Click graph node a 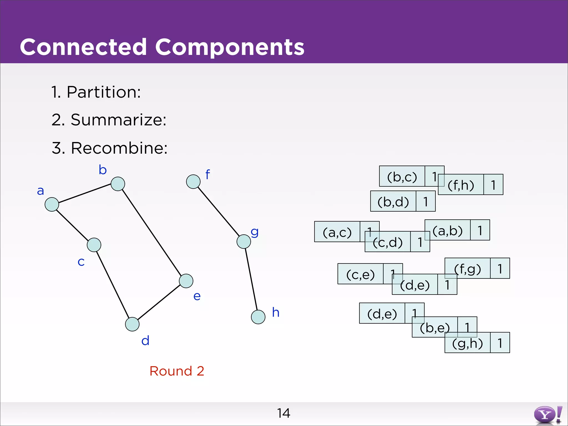(52, 204)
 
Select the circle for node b (118, 184)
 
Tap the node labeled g (244, 242)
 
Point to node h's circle (258, 317)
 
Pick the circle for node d (132, 324)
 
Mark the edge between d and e (159, 302)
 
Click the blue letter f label (208, 175)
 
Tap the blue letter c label (81, 262)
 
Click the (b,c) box (402, 177)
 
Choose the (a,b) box (448, 230)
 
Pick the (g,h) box (468, 343)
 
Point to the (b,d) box (393, 202)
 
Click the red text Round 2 (177, 371)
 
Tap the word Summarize (118, 120)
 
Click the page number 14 (283, 413)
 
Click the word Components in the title (230, 47)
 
